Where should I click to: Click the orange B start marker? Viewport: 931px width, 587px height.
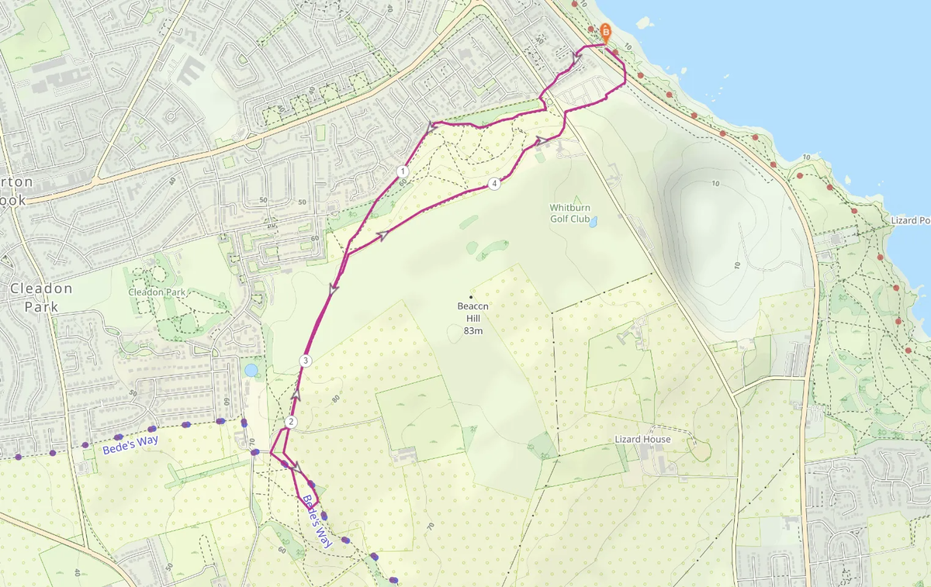click(x=605, y=33)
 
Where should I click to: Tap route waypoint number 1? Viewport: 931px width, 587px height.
click(x=402, y=171)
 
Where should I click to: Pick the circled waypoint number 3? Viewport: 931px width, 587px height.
click(x=306, y=361)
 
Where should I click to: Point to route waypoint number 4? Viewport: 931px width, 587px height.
click(x=494, y=184)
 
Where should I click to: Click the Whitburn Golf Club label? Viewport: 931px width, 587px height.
click(x=569, y=213)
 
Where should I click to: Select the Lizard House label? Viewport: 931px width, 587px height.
click(x=642, y=440)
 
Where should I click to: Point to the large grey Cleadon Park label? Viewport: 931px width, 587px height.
click(x=40, y=296)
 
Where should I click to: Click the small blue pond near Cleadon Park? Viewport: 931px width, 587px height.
click(x=251, y=370)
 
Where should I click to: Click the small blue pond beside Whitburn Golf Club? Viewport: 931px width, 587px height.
click(x=594, y=222)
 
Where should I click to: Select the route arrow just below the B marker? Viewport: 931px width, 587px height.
click(x=576, y=57)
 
